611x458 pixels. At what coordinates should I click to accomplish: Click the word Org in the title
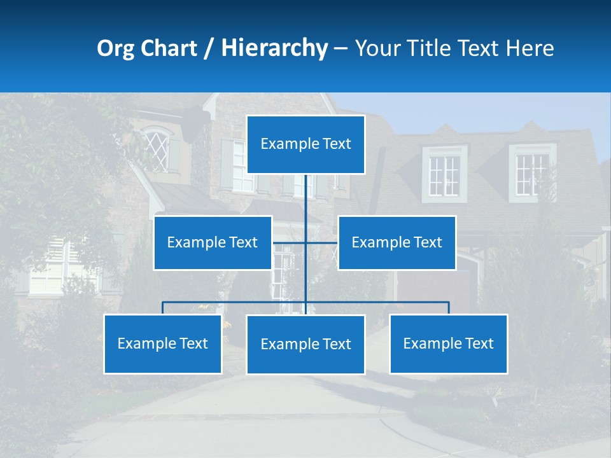tap(115, 48)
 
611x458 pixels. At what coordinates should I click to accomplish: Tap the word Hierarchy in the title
tap(274, 48)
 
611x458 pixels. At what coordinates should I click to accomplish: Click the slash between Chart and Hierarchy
tap(209, 48)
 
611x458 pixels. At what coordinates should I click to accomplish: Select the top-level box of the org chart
tap(305, 144)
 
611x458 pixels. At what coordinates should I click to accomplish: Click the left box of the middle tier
tap(213, 242)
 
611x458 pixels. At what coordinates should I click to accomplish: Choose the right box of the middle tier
tap(397, 242)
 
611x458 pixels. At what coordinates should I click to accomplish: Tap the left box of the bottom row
tap(162, 343)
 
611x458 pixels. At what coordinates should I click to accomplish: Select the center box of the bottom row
tap(305, 344)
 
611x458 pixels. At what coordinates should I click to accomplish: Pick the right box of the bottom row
tap(448, 343)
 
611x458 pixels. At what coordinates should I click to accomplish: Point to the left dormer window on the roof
tap(444, 174)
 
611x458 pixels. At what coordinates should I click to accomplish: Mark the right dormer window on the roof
tap(531, 173)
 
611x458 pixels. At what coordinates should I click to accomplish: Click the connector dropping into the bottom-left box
tap(163, 308)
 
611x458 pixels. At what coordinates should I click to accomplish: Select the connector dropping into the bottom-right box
tap(448, 308)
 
